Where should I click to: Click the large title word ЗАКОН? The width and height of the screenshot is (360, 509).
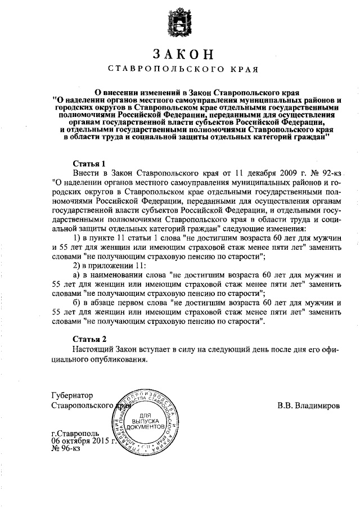coord(180,55)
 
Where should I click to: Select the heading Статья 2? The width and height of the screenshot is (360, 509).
coord(89,339)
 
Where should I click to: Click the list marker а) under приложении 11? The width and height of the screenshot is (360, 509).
coord(78,275)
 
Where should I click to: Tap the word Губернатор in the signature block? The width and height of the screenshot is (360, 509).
coord(71,395)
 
